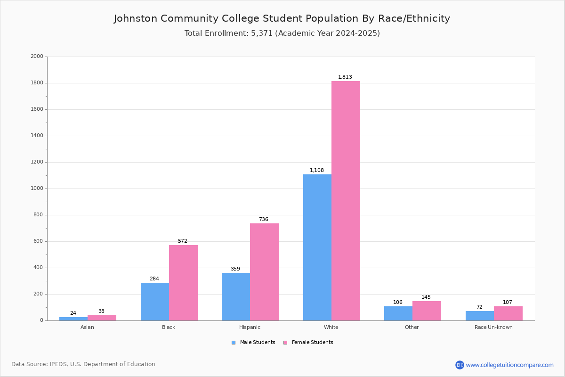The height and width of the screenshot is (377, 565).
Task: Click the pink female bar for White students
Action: point(346,201)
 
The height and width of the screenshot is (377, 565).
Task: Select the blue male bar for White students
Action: point(317,247)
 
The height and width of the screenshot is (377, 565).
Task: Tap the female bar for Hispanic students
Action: point(264,272)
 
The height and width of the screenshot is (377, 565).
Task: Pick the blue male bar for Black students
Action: point(155,302)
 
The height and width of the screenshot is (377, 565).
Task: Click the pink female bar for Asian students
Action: point(102,318)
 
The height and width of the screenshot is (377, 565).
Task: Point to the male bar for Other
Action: point(398,314)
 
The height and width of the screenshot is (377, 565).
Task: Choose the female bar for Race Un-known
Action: point(508,314)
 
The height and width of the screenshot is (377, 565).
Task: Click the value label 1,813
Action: point(345,77)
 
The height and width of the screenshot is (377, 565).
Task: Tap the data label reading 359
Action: point(235,269)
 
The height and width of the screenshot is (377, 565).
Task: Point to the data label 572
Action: point(183,241)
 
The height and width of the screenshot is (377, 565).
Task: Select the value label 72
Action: point(479,307)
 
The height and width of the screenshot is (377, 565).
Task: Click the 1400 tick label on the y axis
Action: point(37,136)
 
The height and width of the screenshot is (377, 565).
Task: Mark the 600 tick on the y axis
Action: point(38,241)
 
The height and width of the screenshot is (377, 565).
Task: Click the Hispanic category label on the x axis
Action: point(250,327)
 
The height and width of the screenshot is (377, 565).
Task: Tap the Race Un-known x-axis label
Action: point(493,327)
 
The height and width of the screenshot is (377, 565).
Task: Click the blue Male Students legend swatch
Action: point(234,343)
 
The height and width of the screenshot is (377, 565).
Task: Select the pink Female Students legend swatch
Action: point(285,343)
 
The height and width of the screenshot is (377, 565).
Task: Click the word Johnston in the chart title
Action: point(136,18)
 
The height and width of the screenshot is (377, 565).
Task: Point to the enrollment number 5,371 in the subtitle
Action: point(262,33)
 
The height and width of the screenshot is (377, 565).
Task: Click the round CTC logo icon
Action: point(460,365)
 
